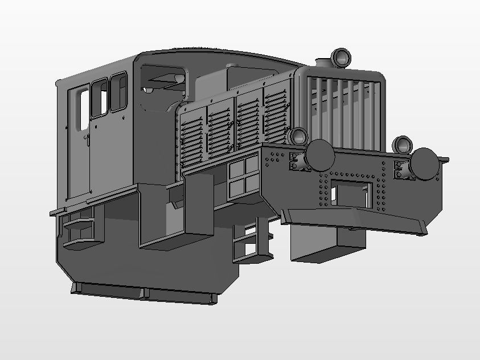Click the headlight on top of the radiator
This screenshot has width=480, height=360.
(x=341, y=57)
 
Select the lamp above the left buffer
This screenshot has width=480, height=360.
(x=298, y=137)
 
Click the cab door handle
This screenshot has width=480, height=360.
(x=86, y=138)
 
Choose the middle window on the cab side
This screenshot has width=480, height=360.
(x=99, y=98)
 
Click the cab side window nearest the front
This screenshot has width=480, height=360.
(x=118, y=92)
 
